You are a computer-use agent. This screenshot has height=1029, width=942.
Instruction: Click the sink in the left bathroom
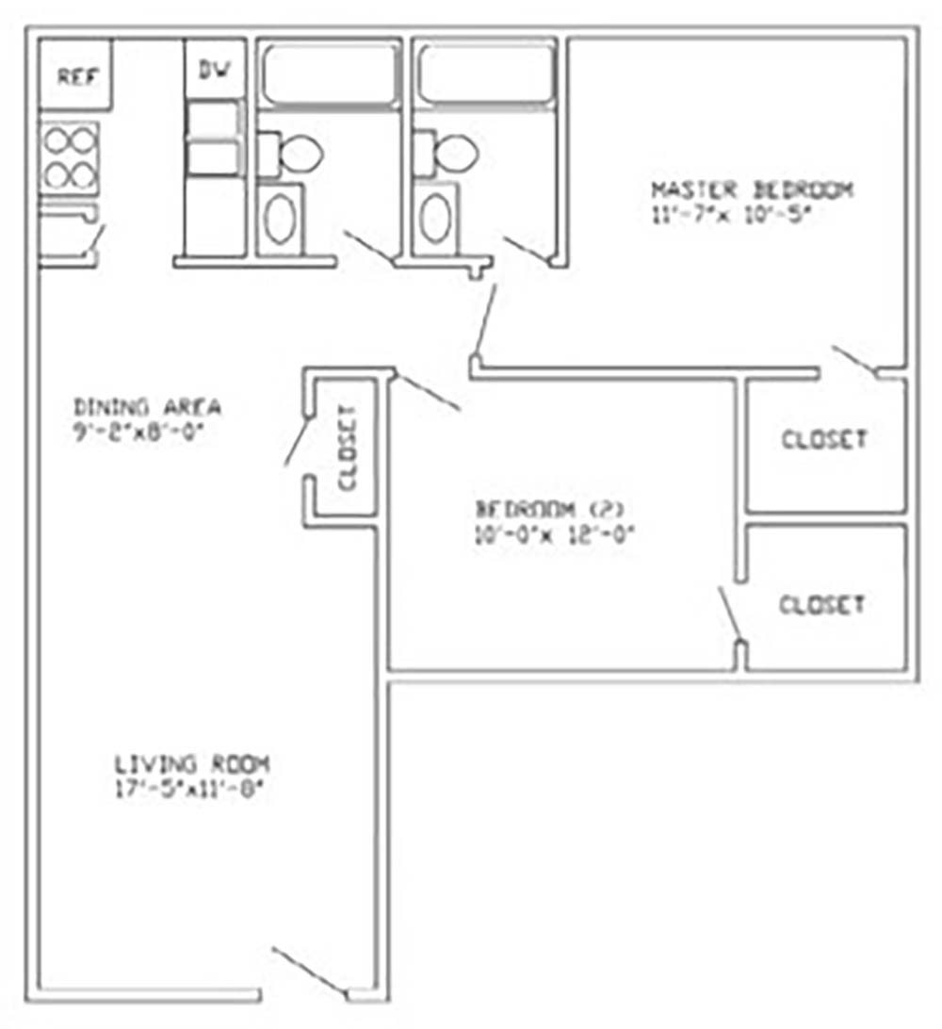click(280, 219)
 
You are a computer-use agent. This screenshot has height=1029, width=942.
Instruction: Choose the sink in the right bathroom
click(435, 218)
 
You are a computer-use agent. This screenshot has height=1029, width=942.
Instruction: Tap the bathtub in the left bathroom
click(329, 74)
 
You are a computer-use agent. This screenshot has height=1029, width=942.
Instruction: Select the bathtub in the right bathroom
click(485, 73)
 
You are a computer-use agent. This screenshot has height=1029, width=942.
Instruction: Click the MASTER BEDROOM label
click(752, 189)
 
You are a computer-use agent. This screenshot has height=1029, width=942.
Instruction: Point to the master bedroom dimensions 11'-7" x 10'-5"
click(731, 213)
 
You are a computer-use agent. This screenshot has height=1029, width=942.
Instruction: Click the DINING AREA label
click(147, 408)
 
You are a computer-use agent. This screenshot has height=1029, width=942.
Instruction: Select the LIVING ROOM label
click(193, 762)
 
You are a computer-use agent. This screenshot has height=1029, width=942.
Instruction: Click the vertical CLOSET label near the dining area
click(347, 448)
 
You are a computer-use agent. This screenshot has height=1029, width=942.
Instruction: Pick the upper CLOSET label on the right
click(823, 439)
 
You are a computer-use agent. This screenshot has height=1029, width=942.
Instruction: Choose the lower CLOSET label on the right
click(821, 604)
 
